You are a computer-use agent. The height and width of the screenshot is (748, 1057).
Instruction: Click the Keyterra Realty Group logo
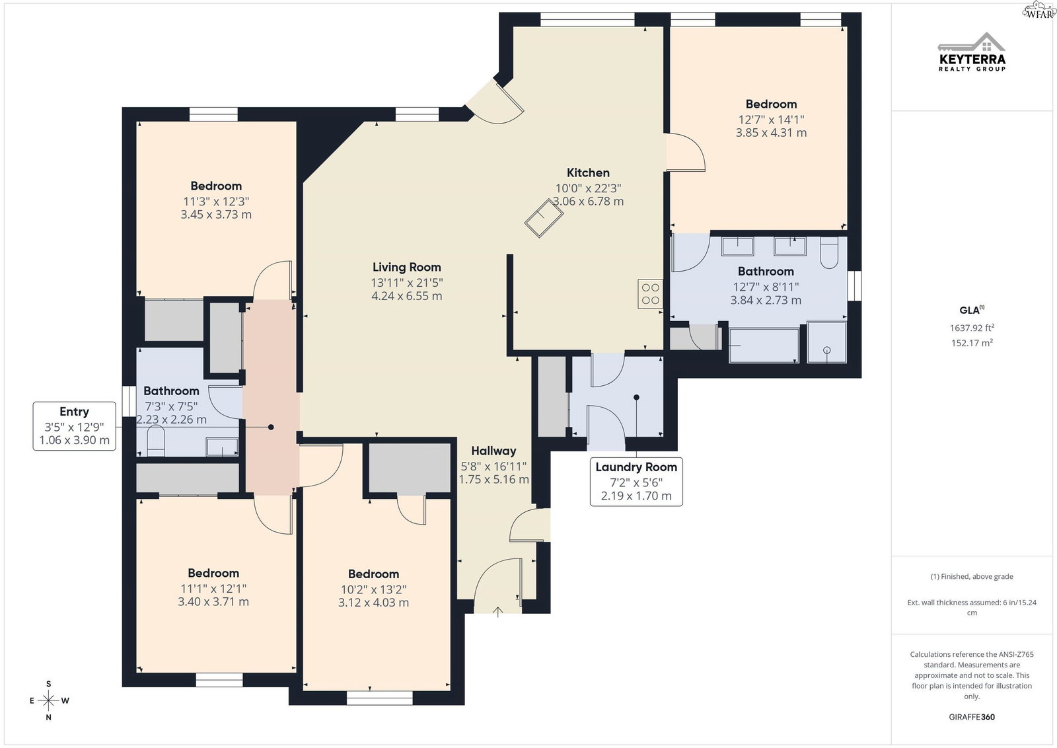tap(972, 52)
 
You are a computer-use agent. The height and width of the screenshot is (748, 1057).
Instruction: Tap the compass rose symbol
tap(49, 700)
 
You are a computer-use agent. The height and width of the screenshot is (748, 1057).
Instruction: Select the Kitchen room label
tap(588, 172)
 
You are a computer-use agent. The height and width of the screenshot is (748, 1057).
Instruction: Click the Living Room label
tap(407, 267)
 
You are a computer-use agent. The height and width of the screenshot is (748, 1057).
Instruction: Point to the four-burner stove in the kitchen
tap(650, 294)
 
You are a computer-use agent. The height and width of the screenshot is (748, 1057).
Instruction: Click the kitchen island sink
tap(544, 218)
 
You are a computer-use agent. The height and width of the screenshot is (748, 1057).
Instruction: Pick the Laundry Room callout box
tap(636, 481)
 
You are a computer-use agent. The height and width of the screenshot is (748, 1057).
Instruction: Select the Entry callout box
tap(74, 426)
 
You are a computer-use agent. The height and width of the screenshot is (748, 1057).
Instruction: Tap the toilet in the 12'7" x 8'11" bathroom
tap(829, 252)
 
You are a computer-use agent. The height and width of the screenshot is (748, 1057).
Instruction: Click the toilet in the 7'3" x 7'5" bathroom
tap(156, 441)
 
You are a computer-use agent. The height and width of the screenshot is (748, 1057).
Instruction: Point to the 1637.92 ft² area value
tap(972, 327)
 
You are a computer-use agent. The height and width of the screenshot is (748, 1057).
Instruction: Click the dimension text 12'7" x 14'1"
tap(771, 120)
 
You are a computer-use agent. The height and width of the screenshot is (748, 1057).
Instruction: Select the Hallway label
tap(493, 451)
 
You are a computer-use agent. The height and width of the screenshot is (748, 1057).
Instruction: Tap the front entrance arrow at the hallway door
tap(498, 612)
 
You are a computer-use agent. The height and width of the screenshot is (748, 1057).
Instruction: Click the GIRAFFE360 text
tap(972, 717)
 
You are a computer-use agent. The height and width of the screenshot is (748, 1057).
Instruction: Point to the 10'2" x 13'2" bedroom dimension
tap(373, 589)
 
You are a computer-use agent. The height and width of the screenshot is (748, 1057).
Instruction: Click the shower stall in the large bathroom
tap(826, 342)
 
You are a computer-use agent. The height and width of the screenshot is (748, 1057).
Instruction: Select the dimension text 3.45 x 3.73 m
tap(216, 214)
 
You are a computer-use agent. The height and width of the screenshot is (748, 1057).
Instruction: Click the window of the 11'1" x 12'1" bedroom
tap(219, 679)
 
